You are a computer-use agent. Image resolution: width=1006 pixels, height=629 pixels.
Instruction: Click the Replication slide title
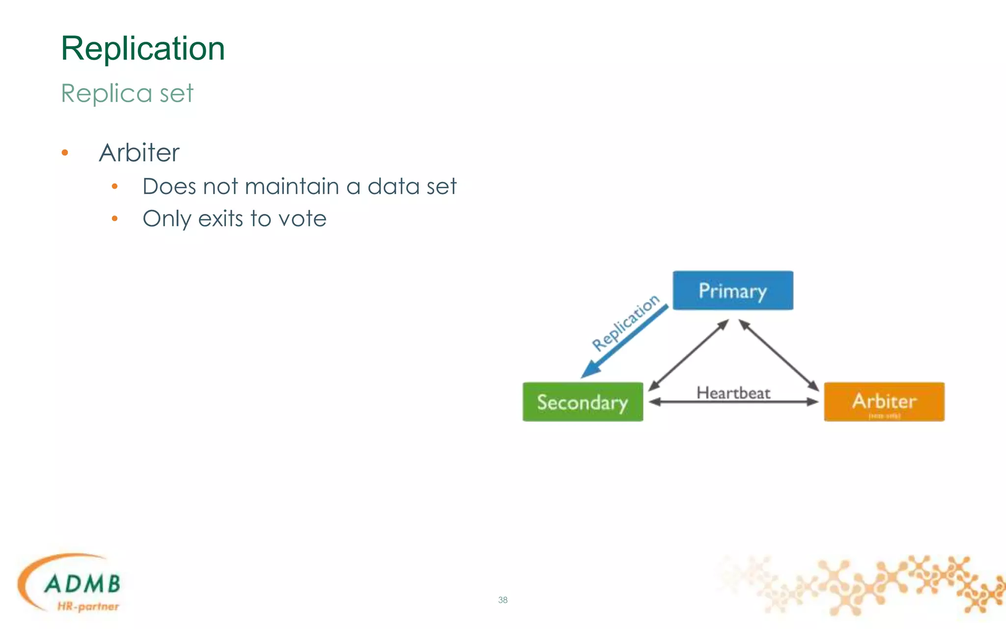click(142, 49)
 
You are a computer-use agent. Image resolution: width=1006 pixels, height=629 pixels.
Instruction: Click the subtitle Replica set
click(127, 93)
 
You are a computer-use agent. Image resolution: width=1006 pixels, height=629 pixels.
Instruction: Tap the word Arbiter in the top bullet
click(139, 152)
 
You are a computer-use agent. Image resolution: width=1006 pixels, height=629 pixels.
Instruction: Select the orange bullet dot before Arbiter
click(65, 153)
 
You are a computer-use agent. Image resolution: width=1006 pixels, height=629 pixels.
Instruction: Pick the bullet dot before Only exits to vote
click(114, 219)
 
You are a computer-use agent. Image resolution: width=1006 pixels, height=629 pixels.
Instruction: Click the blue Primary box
click(732, 290)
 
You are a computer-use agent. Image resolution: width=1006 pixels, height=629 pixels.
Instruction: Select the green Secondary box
click(583, 402)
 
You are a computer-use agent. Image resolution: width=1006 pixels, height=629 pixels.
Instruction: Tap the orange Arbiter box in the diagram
click(884, 401)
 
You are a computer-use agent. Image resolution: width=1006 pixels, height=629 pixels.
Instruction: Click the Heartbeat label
click(733, 393)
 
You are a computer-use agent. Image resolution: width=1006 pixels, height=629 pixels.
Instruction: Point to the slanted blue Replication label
click(625, 322)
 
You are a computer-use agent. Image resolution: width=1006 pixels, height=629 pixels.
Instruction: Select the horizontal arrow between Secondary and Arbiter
click(733, 402)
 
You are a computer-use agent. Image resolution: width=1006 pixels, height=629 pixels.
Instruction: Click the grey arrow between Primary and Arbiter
click(779, 355)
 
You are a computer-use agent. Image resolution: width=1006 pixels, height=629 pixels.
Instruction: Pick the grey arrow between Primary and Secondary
click(688, 355)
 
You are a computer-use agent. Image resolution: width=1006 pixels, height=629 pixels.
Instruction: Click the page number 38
click(503, 600)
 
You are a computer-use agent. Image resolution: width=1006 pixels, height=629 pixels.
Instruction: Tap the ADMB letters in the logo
click(82, 584)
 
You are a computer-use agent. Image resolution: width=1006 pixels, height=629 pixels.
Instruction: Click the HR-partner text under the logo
click(88, 606)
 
